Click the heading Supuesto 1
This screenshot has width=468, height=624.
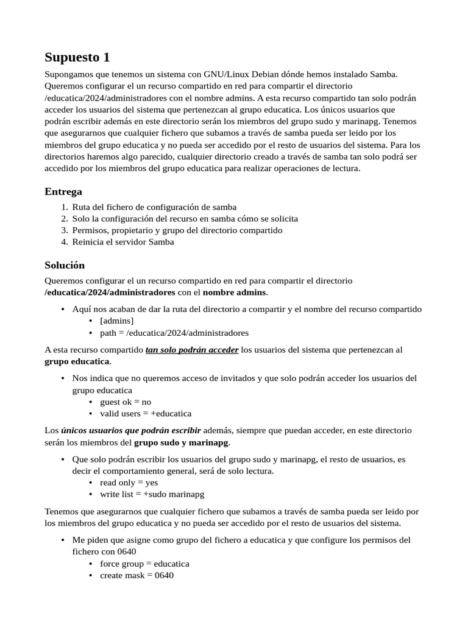(77, 58)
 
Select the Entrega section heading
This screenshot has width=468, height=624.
(63, 191)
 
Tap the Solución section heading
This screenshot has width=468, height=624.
(65, 265)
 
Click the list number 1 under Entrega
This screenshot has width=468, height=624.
(64, 207)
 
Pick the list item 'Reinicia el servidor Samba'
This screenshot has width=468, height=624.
(122, 242)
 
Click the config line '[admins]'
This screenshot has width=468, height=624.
(116, 321)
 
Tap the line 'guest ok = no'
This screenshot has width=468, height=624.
(126, 402)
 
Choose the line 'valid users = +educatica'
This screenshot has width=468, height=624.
(146, 413)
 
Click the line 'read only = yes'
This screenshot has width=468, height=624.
(129, 482)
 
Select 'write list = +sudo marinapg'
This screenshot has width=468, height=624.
(152, 494)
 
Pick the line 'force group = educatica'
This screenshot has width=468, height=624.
(144, 564)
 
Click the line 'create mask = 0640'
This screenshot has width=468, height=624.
(136, 575)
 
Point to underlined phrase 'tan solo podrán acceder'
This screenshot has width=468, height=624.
(192, 350)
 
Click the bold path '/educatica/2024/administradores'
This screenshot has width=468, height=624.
(110, 292)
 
